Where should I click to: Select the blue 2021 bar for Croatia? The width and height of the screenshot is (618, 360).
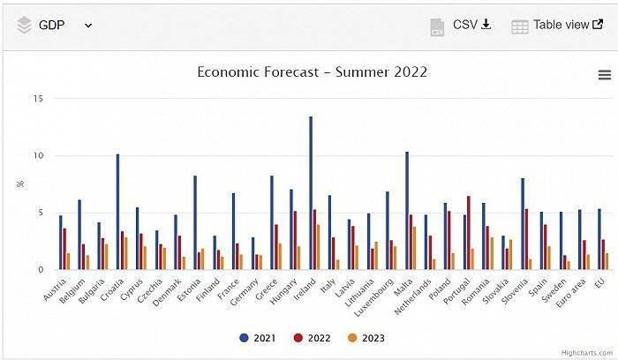[117, 212]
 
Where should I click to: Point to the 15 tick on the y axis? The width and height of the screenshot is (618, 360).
[38, 99]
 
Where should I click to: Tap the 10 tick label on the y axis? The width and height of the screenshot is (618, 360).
[38, 156]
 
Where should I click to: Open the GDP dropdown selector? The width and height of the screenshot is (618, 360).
[55, 25]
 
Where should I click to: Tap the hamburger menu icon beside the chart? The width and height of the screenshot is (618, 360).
[605, 75]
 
